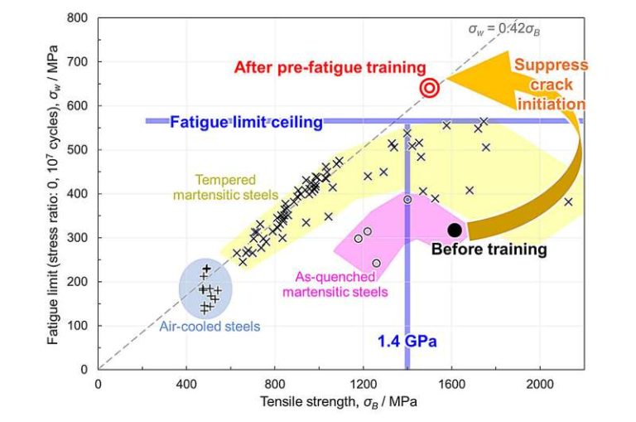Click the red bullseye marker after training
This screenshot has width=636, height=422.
pyautogui.click(x=430, y=88)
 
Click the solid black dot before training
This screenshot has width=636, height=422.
pyautogui.click(x=454, y=230)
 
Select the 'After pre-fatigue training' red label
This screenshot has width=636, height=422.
pyautogui.click(x=330, y=67)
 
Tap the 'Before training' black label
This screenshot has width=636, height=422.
pyautogui.click(x=489, y=249)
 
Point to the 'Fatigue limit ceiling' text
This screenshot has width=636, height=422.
pyautogui.click(x=246, y=123)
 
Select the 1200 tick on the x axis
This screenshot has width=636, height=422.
pyautogui.click(x=364, y=384)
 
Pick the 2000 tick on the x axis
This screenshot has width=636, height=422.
pyautogui.click(x=540, y=384)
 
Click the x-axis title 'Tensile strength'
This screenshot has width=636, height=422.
pyautogui.click(x=340, y=403)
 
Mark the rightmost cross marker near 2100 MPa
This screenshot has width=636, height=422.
pyautogui.click(x=568, y=201)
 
